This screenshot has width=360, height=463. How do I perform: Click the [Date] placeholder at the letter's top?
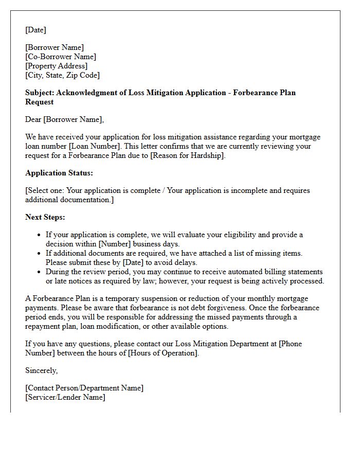coord(35,30)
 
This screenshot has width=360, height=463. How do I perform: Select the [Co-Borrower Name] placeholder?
coord(61,57)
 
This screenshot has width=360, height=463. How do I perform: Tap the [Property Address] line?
coord(56,66)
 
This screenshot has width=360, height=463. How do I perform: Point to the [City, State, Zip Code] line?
coord(62,75)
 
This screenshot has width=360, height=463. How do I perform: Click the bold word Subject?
coord(40,93)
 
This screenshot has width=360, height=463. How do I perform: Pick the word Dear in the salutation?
coord(33,119)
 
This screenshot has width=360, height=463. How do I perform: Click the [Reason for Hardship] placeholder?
coord(186,155)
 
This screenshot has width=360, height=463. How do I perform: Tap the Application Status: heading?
coord(59,173)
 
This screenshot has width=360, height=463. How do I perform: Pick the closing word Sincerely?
coord(42,370)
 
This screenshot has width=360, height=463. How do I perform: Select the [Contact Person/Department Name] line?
coord(84,388)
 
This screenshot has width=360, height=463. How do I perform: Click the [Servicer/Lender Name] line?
coord(65,397)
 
